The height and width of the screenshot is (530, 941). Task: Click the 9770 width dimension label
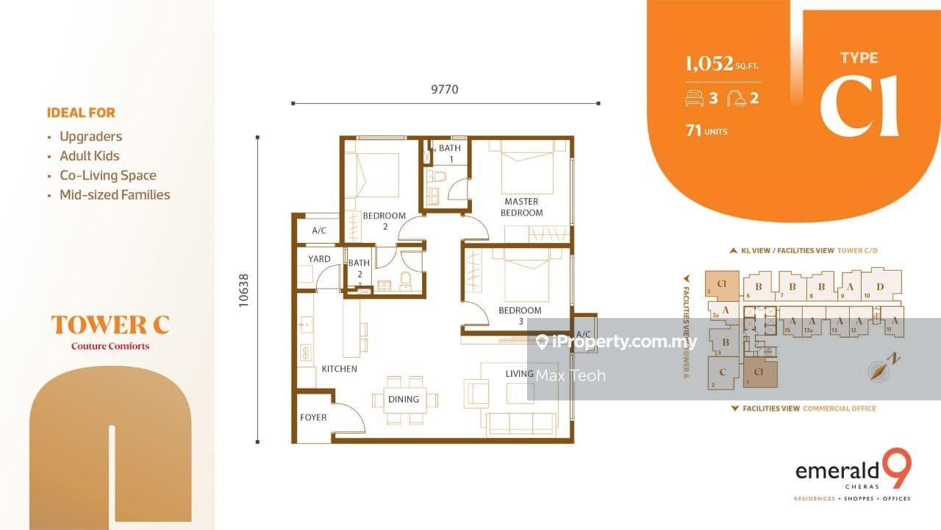point(444,90)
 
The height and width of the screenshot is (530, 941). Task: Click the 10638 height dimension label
point(246,291)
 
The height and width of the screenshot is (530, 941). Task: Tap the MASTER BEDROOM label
point(521,207)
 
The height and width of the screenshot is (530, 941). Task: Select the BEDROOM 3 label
point(520,316)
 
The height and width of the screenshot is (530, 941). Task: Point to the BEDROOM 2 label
point(384,221)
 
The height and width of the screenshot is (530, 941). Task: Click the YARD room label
point(319,259)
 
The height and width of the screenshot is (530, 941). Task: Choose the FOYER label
point(313,417)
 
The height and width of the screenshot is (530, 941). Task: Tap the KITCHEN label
point(339,369)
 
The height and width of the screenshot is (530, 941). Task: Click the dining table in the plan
point(404,400)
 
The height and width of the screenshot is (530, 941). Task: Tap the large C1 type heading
point(859,105)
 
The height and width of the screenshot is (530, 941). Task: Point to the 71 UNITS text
point(706,131)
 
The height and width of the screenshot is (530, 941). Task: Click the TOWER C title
point(110,325)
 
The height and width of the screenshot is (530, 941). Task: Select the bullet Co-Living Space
point(107,175)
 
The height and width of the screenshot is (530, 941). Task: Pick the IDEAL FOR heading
point(81,113)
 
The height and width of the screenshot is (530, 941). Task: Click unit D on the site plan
point(880,286)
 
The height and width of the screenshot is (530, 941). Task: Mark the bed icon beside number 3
point(694,98)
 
